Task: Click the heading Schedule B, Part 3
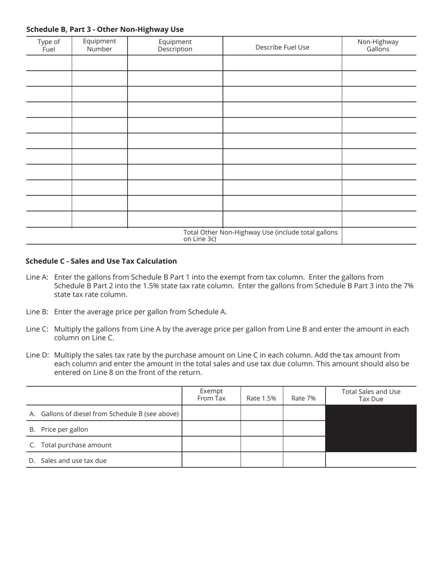click(105, 29)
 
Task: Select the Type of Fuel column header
click(49, 46)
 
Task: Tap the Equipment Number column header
click(100, 45)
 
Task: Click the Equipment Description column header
click(175, 45)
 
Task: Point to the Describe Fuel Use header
click(282, 47)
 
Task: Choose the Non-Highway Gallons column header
click(378, 45)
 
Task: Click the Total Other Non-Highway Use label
click(261, 235)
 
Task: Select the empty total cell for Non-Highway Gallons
click(379, 236)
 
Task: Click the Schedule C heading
click(101, 261)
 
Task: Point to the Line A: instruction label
click(37, 277)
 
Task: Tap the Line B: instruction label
click(37, 312)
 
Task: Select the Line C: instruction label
click(37, 329)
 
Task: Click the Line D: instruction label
click(37, 355)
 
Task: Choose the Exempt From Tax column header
click(211, 395)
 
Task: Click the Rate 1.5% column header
click(261, 398)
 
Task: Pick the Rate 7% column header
click(303, 398)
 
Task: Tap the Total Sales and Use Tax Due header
click(371, 395)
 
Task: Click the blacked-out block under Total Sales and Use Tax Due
click(371, 428)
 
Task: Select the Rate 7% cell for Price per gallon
click(304, 429)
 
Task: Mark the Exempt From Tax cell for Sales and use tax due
click(211, 460)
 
